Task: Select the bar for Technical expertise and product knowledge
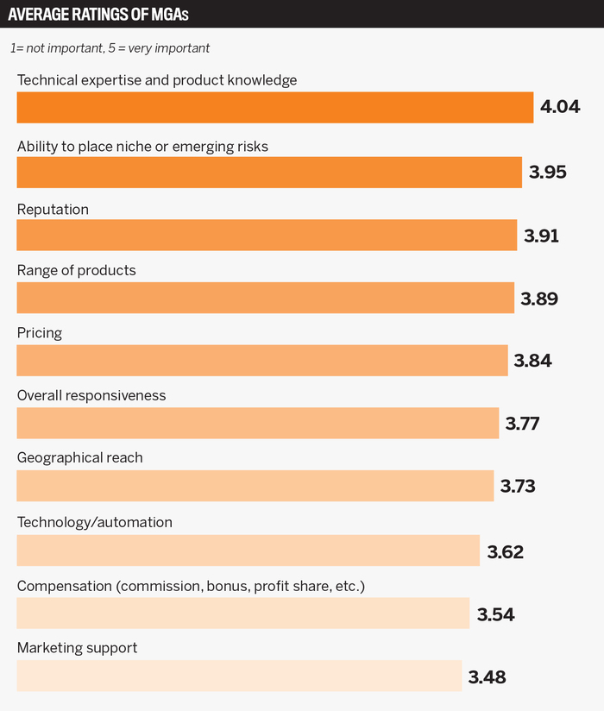(274, 108)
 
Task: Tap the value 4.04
(560, 108)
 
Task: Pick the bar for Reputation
(267, 235)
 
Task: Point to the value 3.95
(548, 172)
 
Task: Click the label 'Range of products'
(77, 270)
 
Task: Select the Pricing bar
(262, 361)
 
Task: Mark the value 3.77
(523, 424)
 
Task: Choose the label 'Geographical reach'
(80, 458)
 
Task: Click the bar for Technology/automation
(248, 550)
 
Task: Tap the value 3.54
(496, 613)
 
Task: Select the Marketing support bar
(239, 676)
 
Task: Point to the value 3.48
(487, 677)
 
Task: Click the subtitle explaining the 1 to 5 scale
(110, 49)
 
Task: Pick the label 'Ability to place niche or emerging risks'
(142, 147)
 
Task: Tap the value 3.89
(539, 299)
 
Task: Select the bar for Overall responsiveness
(257, 424)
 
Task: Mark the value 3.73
(518, 487)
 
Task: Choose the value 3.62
(506, 551)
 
